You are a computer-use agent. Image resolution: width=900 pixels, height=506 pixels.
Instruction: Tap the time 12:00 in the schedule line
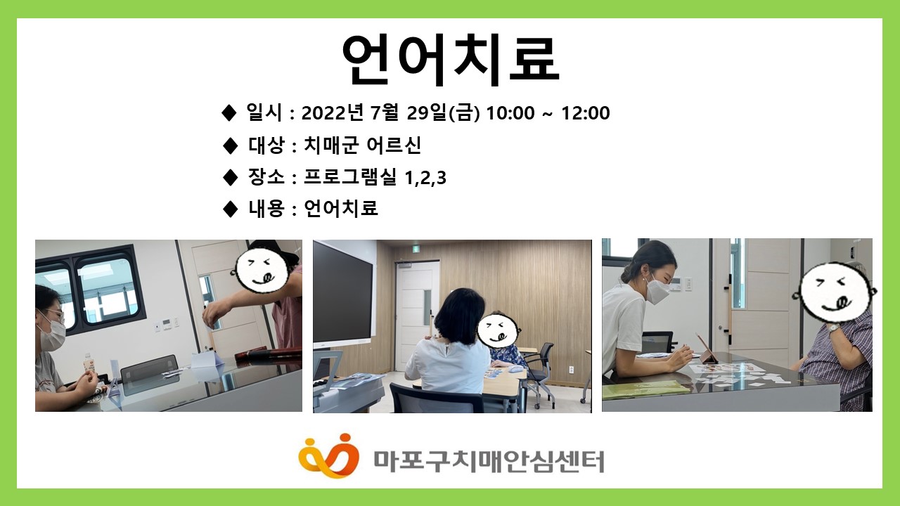586,113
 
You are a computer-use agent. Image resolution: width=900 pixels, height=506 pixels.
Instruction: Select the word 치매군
330,145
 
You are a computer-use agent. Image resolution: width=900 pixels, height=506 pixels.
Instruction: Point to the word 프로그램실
350,177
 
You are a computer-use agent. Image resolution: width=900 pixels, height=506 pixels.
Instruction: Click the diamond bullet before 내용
230,209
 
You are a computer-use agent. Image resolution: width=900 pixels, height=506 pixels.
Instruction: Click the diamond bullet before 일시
229,113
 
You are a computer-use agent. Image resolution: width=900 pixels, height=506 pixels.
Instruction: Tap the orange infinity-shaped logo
328,456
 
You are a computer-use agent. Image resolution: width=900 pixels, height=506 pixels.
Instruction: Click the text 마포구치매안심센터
489,462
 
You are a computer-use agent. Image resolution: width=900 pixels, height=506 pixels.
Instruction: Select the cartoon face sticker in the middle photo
498,330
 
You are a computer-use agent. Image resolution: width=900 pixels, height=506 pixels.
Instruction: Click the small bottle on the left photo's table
88,365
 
